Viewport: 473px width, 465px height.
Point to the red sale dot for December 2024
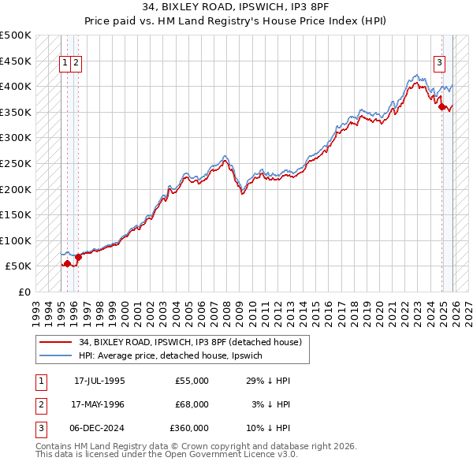[442, 107]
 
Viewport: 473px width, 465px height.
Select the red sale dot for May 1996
[79, 256]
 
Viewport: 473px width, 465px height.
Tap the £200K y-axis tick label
[16, 189]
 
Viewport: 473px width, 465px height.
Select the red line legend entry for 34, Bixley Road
[189, 342]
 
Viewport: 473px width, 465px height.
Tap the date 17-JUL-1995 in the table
[99, 381]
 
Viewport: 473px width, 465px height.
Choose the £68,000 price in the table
[192, 404]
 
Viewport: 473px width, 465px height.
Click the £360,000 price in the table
[189, 428]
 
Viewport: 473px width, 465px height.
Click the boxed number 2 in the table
[40, 404]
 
